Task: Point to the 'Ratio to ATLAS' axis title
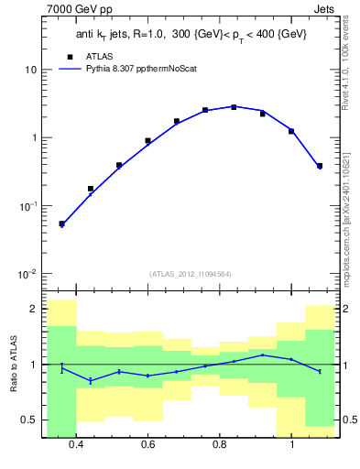(13, 364)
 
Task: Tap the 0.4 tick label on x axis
(76, 444)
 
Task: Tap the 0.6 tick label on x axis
(147, 444)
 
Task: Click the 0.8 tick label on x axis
(220, 444)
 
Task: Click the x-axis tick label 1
(291, 444)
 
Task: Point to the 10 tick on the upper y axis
(29, 70)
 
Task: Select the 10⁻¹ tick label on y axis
(27, 206)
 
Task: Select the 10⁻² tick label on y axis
(27, 274)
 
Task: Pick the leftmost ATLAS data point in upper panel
(61, 224)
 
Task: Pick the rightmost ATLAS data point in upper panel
(320, 166)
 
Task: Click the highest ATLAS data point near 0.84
(234, 107)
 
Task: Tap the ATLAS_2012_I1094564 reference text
(190, 273)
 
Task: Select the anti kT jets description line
(190, 34)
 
